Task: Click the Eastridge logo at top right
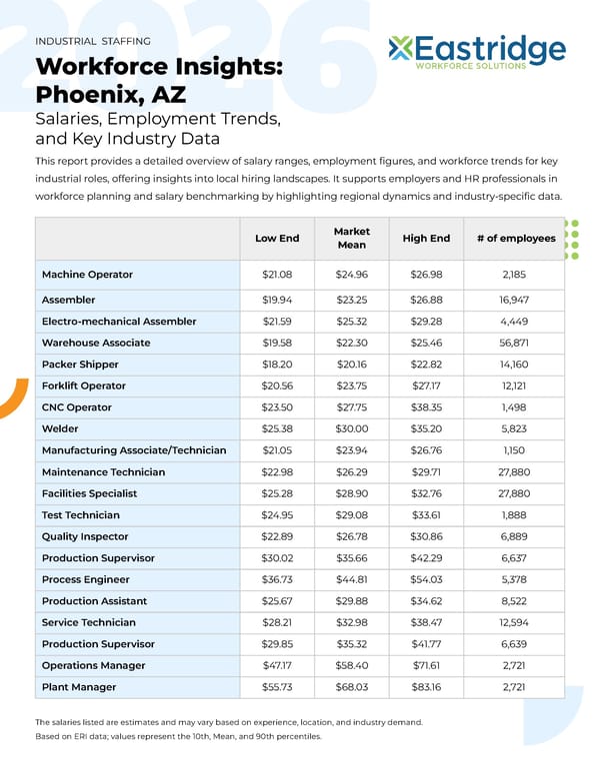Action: (x=477, y=52)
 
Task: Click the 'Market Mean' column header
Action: (x=351, y=238)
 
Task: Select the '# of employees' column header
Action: (x=515, y=238)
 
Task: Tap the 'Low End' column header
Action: (x=276, y=238)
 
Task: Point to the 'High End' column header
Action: (x=426, y=238)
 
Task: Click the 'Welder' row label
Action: (x=60, y=428)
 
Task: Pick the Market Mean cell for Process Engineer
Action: (x=351, y=579)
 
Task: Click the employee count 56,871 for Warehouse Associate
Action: (x=515, y=343)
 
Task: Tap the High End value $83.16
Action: (x=426, y=687)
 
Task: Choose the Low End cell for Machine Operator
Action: (x=276, y=275)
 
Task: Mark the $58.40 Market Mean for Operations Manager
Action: (x=351, y=665)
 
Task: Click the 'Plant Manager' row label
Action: (x=79, y=687)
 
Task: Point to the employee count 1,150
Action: (x=515, y=450)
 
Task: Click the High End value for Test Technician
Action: (x=426, y=515)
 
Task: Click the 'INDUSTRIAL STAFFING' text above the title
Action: (x=93, y=42)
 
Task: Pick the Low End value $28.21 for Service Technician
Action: (x=276, y=622)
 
